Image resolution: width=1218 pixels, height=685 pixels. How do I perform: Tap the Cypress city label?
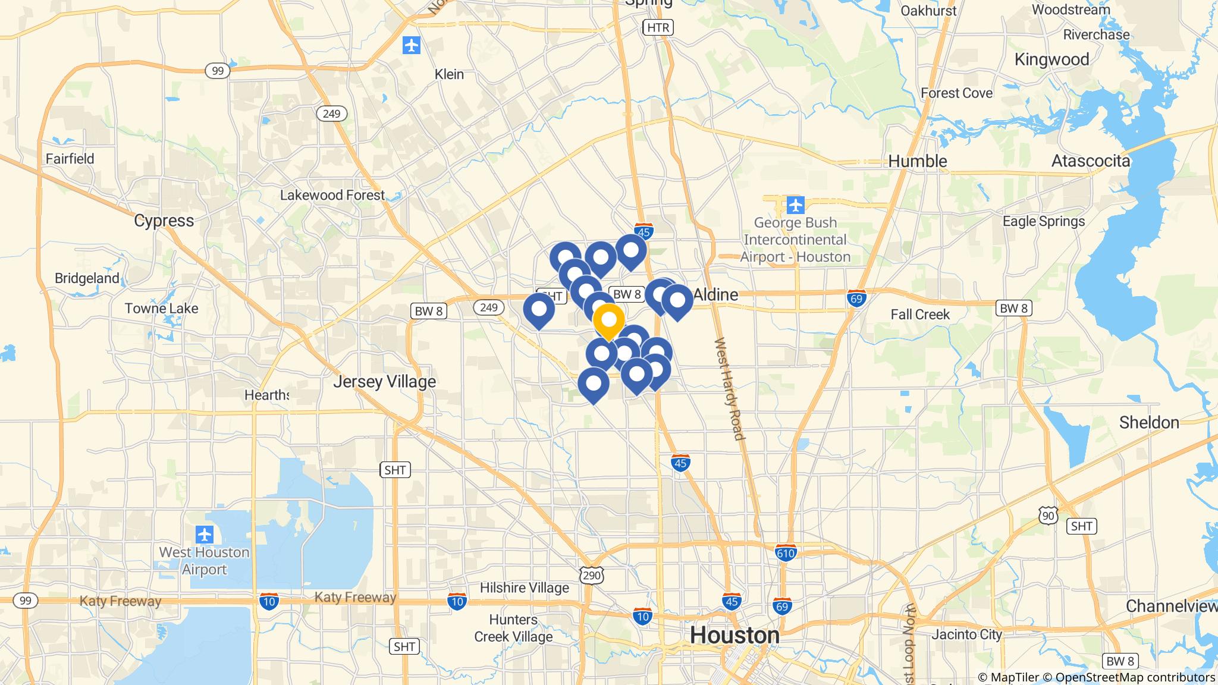coord(164,221)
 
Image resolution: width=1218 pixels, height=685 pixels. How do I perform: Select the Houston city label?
coord(734,635)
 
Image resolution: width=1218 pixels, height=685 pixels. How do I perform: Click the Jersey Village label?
coord(384,381)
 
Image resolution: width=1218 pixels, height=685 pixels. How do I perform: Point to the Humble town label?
coord(918,161)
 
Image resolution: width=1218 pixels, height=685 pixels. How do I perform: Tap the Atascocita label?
coord(1090,161)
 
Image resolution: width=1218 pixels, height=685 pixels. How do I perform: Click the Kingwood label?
coord(1051,59)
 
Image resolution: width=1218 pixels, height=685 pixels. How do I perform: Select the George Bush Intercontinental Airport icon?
coord(795,205)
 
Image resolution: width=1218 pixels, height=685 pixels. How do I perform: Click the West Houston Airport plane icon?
coord(204,534)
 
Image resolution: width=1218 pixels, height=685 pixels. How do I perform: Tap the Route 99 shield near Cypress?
coord(218,71)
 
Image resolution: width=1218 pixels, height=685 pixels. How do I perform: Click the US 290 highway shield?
coord(592,574)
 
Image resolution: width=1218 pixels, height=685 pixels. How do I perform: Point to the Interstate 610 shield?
coord(786,552)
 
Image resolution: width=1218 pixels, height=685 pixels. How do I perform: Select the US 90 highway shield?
coord(1049,516)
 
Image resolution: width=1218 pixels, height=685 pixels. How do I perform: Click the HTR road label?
coord(657,27)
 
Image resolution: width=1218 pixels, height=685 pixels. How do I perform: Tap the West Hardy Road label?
coord(729,389)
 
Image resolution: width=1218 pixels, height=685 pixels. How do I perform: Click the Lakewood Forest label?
coord(332,195)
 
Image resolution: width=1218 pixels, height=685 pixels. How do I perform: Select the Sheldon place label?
coord(1148,423)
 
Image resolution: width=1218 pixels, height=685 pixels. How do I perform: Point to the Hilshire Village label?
coord(524,588)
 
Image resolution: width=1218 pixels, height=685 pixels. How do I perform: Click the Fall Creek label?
coord(920,315)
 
